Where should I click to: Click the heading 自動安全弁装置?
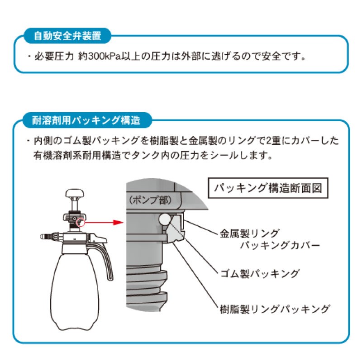click(68, 35)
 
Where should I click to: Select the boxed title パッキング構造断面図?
click(268, 188)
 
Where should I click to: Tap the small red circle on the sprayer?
click(80, 222)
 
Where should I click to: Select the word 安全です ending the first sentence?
click(292, 57)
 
